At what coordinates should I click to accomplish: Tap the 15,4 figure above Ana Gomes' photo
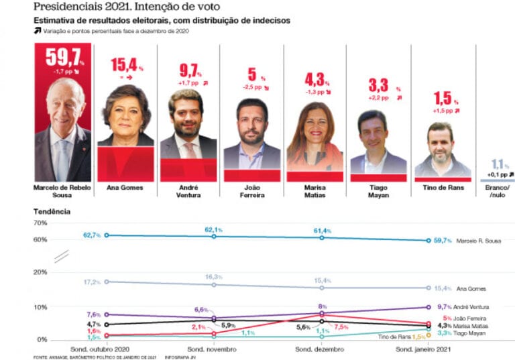125,65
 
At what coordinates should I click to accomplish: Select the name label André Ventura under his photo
187,191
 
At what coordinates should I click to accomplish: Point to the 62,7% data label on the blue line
92,235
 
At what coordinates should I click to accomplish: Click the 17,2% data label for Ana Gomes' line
92,282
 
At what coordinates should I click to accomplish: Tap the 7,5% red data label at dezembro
341,327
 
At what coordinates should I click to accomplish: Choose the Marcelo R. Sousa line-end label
478,240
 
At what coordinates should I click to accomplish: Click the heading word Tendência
52,211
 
